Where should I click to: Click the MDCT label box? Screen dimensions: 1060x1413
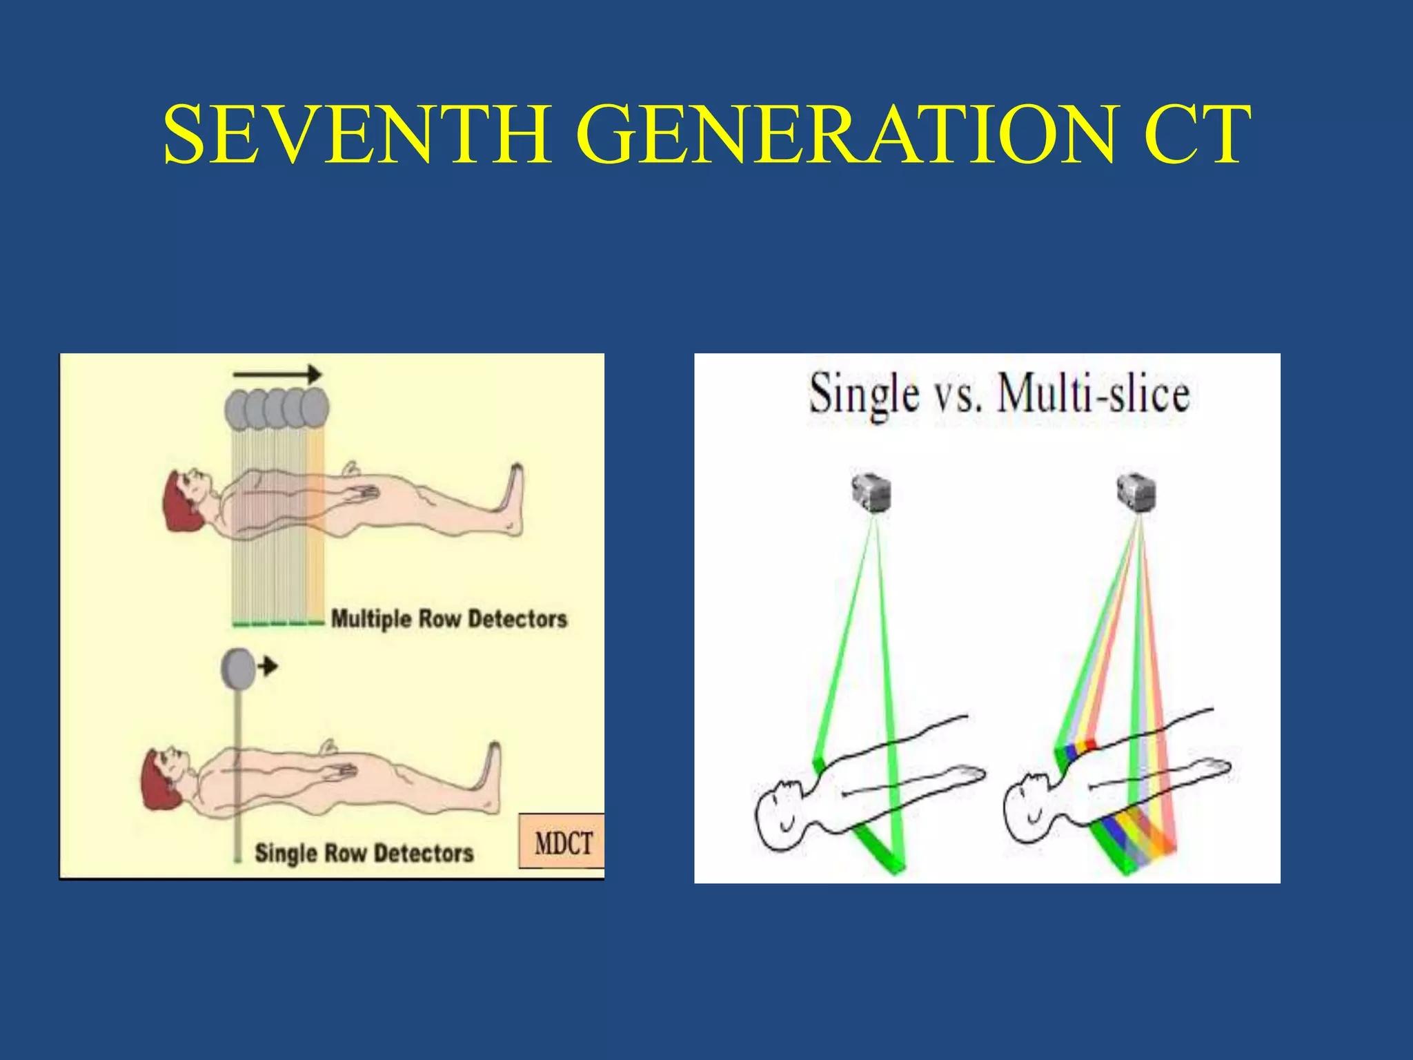pos(562,843)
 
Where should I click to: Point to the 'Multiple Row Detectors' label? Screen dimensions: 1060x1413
pos(449,619)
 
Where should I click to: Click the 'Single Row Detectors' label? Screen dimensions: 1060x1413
pos(364,853)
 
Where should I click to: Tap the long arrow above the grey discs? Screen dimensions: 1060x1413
pos(277,375)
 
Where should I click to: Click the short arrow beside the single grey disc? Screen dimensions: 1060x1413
pos(268,666)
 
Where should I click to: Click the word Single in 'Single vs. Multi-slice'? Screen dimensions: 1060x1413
pos(864,395)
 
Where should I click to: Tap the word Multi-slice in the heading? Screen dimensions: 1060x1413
pos(1094,395)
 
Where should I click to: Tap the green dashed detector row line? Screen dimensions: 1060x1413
pos(277,624)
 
